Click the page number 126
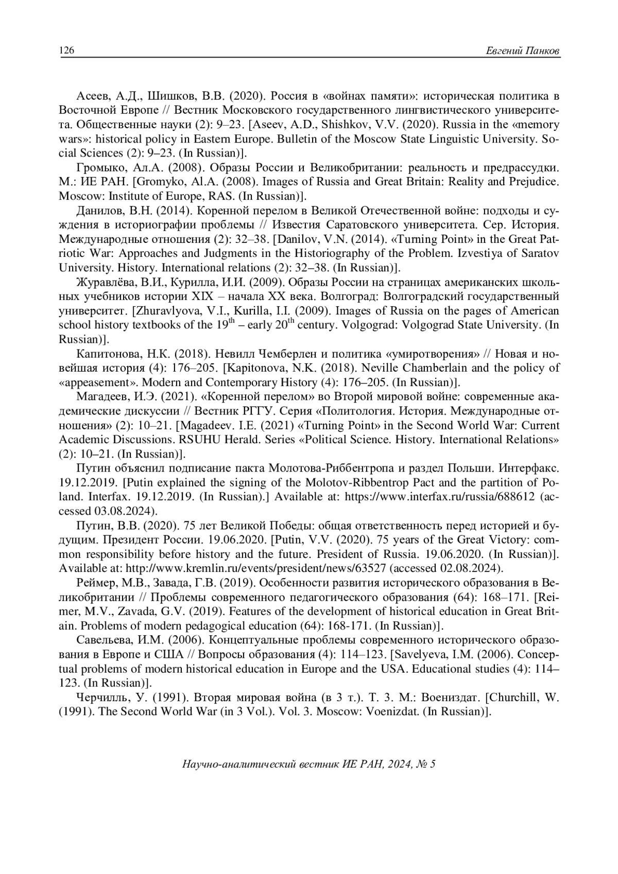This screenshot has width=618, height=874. click(x=67, y=50)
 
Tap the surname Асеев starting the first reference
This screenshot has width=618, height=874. click(x=93, y=96)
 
